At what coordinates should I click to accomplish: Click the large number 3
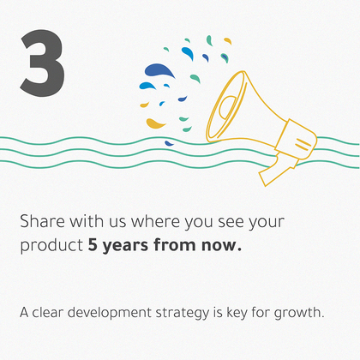tap(42, 63)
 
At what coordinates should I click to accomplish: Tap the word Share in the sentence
tap(42, 221)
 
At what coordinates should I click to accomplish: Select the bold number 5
tap(93, 245)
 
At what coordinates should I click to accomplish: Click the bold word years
tap(125, 246)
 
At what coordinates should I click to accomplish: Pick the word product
tap(51, 246)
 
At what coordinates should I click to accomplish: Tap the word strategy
tap(183, 313)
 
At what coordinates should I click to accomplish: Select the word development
tap(110, 313)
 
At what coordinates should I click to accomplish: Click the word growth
tap(299, 313)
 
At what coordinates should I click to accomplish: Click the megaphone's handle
tap(276, 171)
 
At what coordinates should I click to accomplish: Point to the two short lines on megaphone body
tap(303, 144)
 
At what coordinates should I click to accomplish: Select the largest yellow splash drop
tap(155, 123)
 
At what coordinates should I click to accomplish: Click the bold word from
tap(175, 245)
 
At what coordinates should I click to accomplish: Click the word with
tap(87, 221)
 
